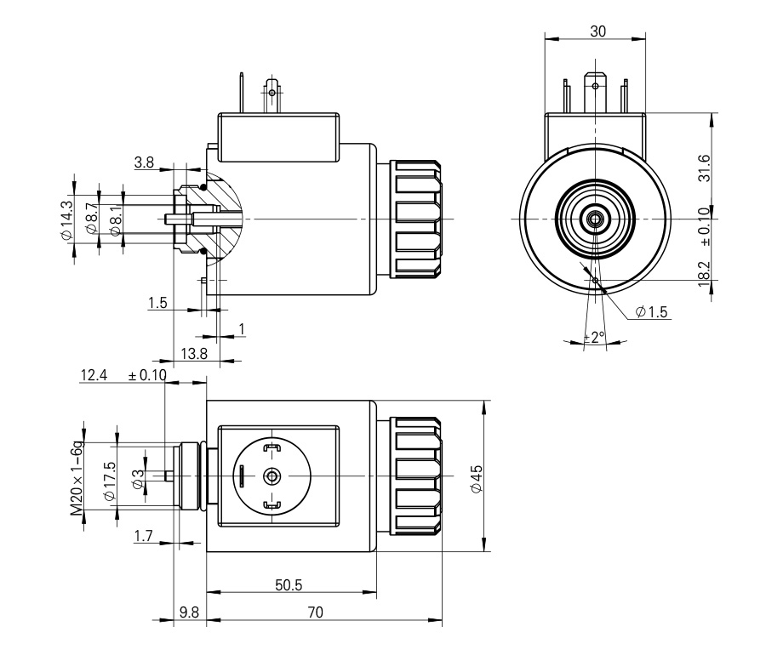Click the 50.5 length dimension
[290, 584]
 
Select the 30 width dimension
[597, 31]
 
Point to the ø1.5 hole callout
[653, 312]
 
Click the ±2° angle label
[594, 337]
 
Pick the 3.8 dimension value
[144, 162]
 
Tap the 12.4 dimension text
[94, 375]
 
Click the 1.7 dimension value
[144, 536]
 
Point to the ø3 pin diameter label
[138, 477]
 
